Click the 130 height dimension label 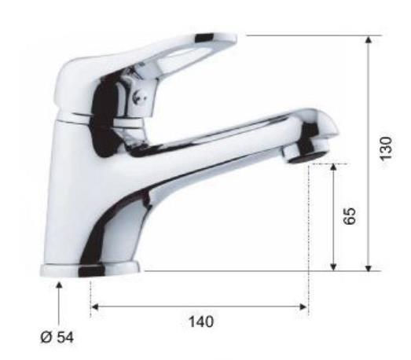point(386,148)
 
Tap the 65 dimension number point(350,216)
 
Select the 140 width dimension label point(201,321)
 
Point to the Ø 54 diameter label point(57,337)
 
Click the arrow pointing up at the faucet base point(59,303)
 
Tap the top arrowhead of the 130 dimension point(369,39)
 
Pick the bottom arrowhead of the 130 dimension point(369,268)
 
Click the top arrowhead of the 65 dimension point(333,167)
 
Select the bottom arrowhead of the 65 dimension point(333,267)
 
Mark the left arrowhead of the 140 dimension point(94,307)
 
